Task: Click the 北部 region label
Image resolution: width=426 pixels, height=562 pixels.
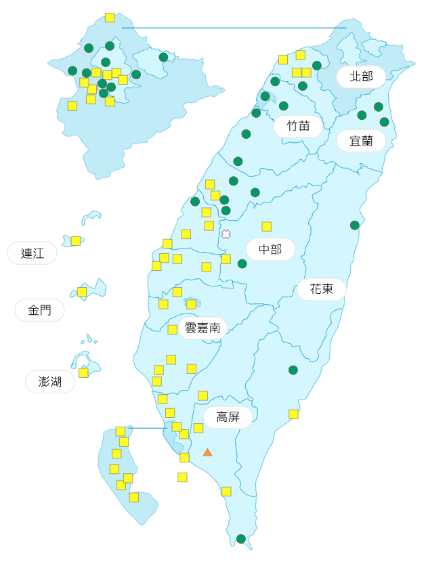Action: click(361, 77)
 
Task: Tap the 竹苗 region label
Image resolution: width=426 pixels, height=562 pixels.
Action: click(298, 126)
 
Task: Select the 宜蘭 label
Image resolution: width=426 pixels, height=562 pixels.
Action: click(361, 141)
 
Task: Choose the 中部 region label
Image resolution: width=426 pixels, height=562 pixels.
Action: click(270, 249)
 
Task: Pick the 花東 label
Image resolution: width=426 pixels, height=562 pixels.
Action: click(321, 289)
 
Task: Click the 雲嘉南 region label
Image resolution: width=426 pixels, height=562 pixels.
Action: click(203, 328)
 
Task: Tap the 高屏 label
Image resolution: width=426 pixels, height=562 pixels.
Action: click(228, 416)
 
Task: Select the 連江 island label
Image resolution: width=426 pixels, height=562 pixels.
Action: click(32, 253)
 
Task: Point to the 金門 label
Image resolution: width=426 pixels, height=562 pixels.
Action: click(39, 310)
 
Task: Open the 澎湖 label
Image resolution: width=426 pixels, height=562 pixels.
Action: click(50, 381)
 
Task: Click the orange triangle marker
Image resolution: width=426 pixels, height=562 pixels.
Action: click(207, 452)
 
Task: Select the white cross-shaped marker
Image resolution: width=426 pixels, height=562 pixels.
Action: click(226, 234)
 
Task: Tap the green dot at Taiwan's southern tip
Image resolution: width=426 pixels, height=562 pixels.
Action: click(241, 539)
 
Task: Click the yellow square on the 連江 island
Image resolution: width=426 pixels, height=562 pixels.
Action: click(76, 240)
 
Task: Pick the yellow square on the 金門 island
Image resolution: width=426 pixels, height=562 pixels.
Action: click(82, 292)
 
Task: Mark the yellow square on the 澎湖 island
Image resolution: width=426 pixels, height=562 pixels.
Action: click(83, 372)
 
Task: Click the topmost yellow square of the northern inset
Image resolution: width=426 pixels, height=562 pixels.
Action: click(110, 18)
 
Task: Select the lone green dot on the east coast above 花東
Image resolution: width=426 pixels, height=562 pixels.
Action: click(354, 225)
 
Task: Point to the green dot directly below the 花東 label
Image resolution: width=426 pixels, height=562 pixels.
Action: click(293, 370)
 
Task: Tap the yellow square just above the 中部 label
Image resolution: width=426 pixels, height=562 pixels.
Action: click(267, 226)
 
